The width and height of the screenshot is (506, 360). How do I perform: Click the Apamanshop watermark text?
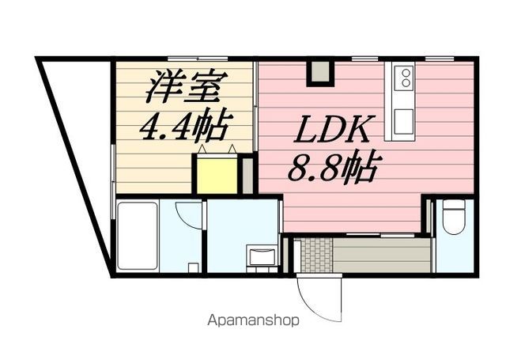click(x=254, y=321)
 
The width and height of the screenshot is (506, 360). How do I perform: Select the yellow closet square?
click(x=217, y=175)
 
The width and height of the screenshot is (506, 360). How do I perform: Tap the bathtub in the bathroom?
click(x=138, y=236)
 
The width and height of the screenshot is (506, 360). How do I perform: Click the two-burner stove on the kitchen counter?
click(x=405, y=78)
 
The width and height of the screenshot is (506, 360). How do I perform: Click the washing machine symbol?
click(x=261, y=257)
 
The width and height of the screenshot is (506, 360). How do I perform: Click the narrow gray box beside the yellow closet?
click(x=247, y=175)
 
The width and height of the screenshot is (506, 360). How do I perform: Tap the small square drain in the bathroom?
click(x=192, y=267)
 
